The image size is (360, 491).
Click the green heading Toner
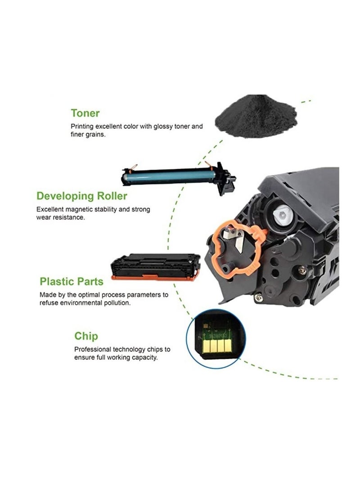tap(85, 113)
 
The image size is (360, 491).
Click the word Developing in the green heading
tap(66, 196)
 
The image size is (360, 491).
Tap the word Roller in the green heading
tap(112, 196)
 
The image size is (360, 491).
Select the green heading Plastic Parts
tap(72, 282)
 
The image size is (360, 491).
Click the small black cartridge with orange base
tap(156, 264)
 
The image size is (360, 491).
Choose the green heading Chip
tap(86, 336)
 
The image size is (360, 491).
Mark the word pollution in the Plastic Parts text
tap(118, 303)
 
